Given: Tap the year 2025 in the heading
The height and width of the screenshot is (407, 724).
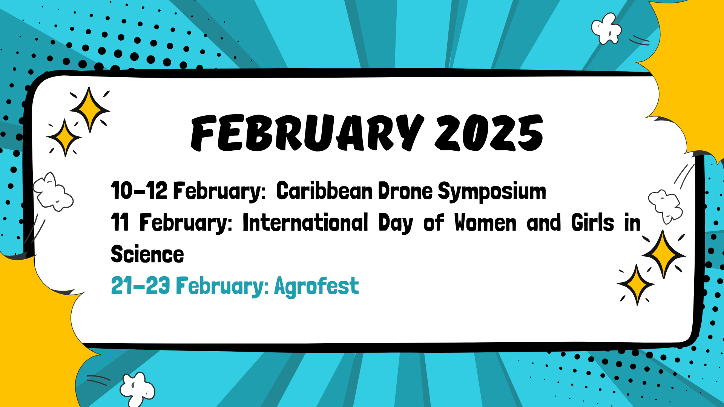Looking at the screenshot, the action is point(489,132).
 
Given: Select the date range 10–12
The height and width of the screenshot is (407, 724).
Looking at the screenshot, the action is point(139,191).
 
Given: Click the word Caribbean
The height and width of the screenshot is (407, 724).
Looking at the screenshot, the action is point(324,191).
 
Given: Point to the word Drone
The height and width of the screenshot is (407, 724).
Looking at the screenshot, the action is point(405,191).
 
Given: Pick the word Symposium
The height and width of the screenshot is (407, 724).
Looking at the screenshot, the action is point(492,192).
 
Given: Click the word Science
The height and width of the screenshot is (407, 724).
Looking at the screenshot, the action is point(147,254).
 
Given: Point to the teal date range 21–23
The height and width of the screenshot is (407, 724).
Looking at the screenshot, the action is point(141,285).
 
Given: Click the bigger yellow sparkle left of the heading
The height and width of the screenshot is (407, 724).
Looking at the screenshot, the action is point(89,110).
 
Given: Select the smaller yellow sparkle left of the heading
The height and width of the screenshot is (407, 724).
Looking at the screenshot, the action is point(65,138).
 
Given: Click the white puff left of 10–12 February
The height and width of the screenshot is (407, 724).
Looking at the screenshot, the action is point(53,192).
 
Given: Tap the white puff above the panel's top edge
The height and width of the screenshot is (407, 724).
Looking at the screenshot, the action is point(606,29).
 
